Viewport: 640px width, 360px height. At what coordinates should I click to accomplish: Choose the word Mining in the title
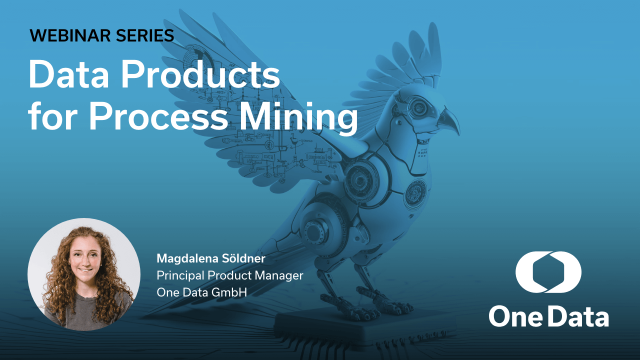point(308,117)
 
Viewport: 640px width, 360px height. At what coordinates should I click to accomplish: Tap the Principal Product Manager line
point(230,275)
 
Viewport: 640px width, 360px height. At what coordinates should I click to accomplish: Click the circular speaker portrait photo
point(83,274)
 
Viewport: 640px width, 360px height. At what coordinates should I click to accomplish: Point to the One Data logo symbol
point(548,272)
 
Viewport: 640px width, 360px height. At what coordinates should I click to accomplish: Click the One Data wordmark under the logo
point(548,316)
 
